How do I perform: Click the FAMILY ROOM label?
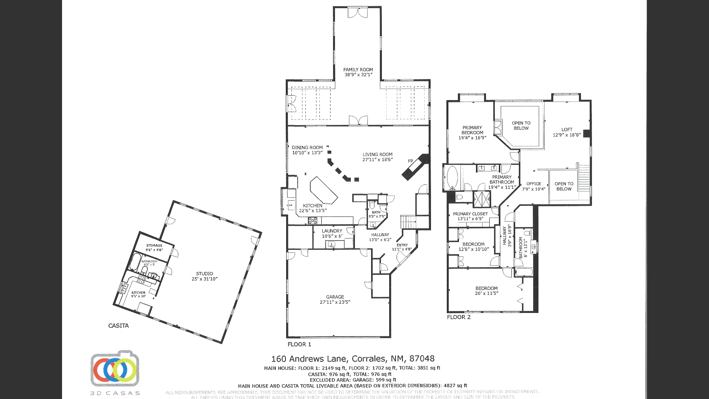coord(358,69)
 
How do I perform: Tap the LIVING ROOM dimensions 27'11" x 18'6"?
coord(377,160)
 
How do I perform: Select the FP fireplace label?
coord(410,161)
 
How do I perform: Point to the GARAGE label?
coord(335,297)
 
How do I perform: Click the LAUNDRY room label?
coord(332,231)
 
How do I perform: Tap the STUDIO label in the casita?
coord(204,274)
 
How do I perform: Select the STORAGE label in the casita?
coord(154,245)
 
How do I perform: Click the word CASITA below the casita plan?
coord(119,325)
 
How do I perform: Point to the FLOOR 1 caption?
coord(299,344)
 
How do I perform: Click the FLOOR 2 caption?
coord(459,317)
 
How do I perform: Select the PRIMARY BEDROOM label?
coord(472,130)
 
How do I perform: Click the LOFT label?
coord(567,130)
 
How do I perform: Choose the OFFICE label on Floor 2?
coord(534,184)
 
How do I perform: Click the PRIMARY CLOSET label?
coord(470,214)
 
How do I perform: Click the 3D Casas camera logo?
coord(115,369)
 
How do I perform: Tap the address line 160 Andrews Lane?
coord(353,359)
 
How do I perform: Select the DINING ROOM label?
coord(307,147)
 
